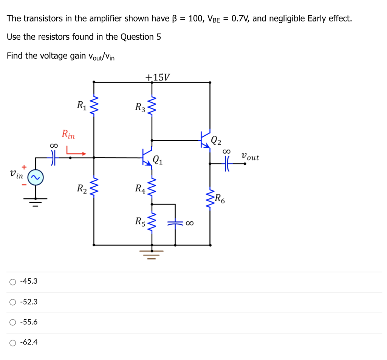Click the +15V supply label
[158, 77]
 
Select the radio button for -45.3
[13, 281]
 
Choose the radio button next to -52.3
[13, 302]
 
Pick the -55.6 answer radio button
[13, 322]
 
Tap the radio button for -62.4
[13, 343]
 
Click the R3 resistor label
[140, 107]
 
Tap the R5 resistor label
[140, 221]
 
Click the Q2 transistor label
[216, 141]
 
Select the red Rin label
[68, 134]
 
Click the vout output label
[250, 156]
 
